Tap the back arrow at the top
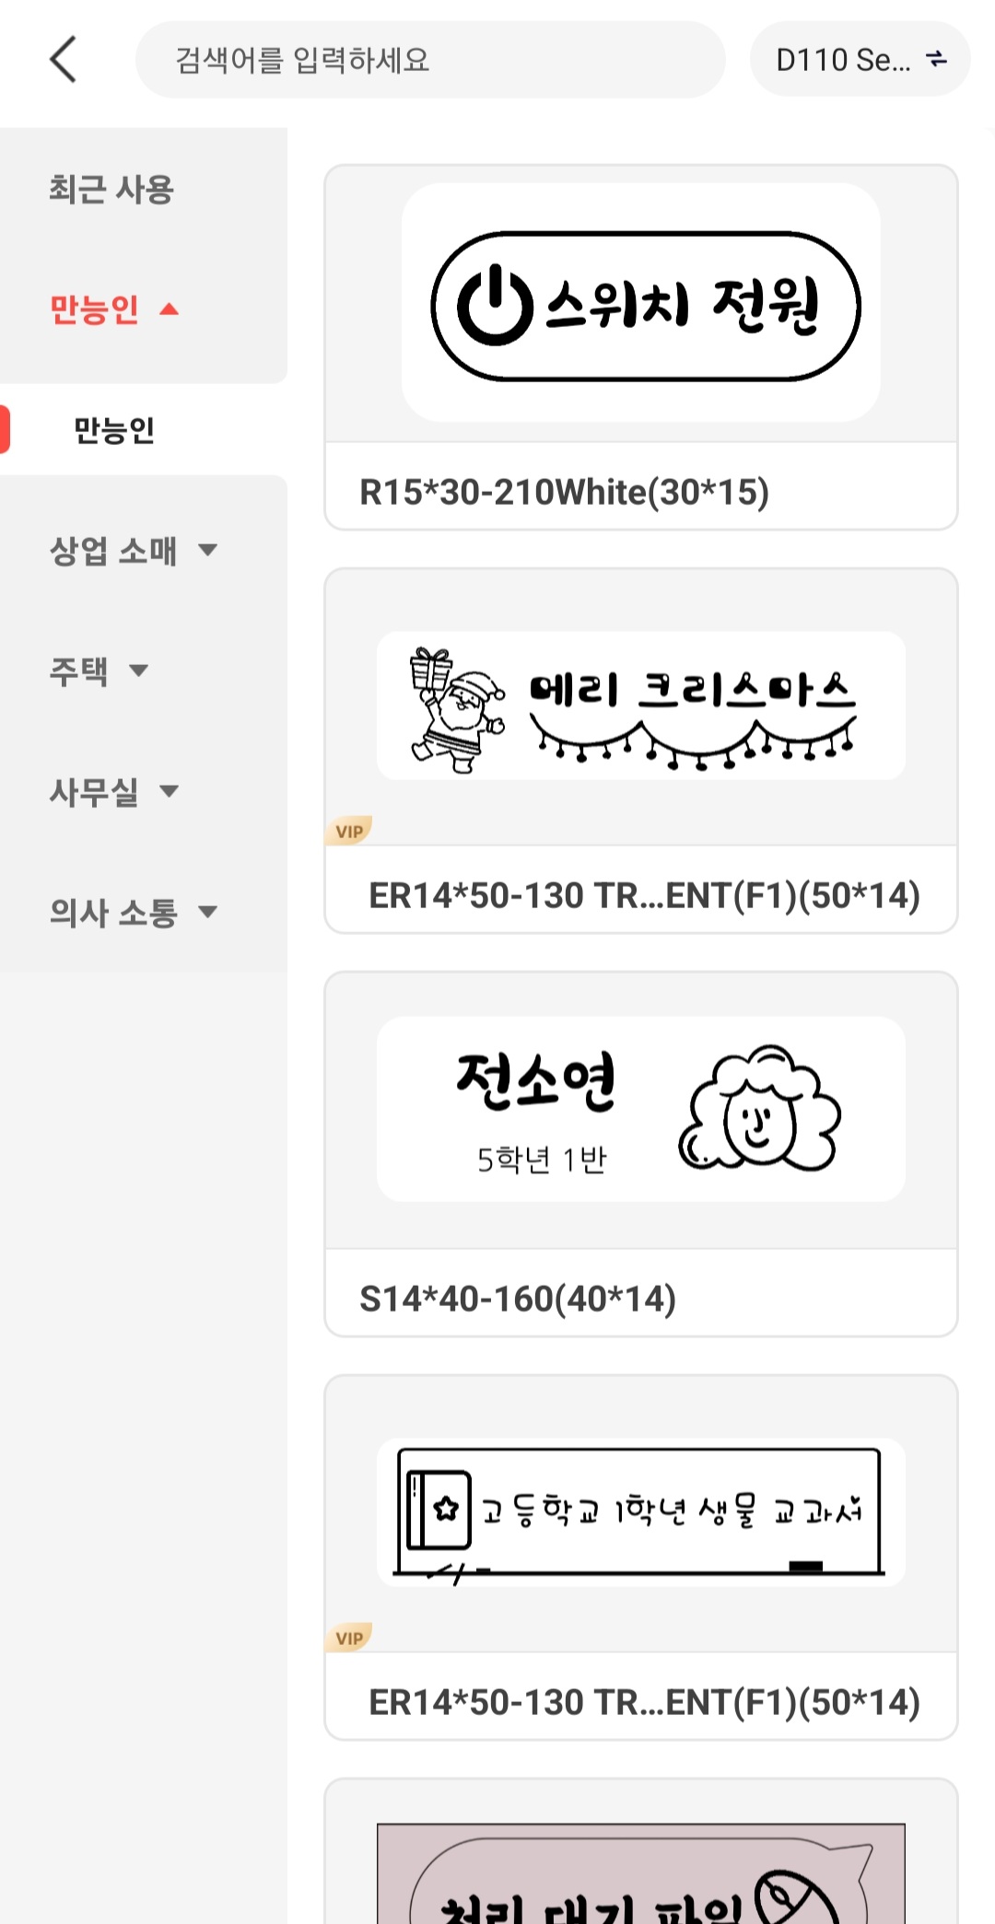click(63, 60)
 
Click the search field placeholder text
click(302, 61)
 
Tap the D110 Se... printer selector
click(860, 60)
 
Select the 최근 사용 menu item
click(111, 190)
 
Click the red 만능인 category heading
click(95, 309)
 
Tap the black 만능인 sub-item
click(114, 430)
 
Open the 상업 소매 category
click(113, 551)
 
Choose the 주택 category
click(79, 670)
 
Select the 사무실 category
click(94, 791)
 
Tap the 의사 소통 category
click(113, 912)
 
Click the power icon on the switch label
click(495, 305)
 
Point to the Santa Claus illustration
click(457, 709)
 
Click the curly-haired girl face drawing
click(759, 1109)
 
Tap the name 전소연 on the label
click(535, 1080)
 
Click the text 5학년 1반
click(542, 1160)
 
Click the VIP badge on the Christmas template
click(349, 831)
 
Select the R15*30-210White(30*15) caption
click(564, 492)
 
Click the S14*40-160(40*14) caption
click(518, 1299)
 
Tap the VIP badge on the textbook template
click(349, 1638)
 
